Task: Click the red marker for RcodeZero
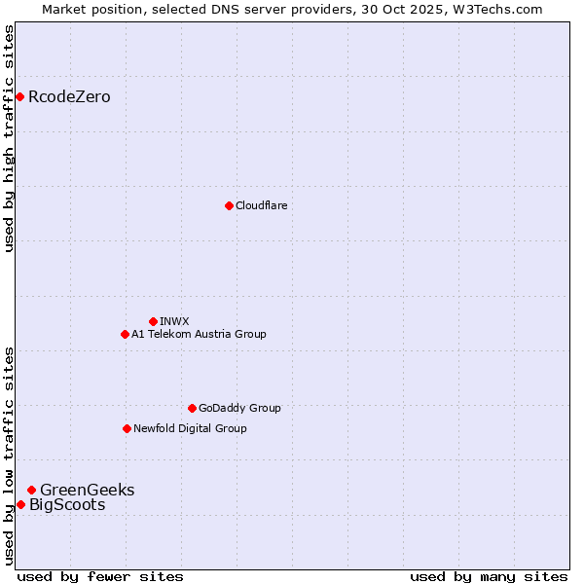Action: coord(19,96)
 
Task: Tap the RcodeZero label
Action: coord(69,97)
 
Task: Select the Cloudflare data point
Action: coord(229,205)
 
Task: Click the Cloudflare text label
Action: coord(261,206)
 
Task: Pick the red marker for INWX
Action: coord(153,321)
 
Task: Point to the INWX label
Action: coord(174,322)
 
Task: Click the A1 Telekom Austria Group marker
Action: coord(125,334)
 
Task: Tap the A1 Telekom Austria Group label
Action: coord(199,335)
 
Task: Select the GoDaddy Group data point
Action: coord(192,408)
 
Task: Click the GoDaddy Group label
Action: coord(239,409)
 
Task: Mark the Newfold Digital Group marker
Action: coord(127,428)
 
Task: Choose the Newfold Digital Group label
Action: coord(190,429)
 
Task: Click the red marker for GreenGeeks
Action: coord(31,490)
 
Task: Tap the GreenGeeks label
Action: coord(87,491)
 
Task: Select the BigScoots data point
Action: coord(20,504)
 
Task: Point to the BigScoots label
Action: coord(67,505)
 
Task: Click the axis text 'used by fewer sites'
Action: coord(100,576)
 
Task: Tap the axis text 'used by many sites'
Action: coord(489,576)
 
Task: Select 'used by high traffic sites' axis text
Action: coord(10,138)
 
